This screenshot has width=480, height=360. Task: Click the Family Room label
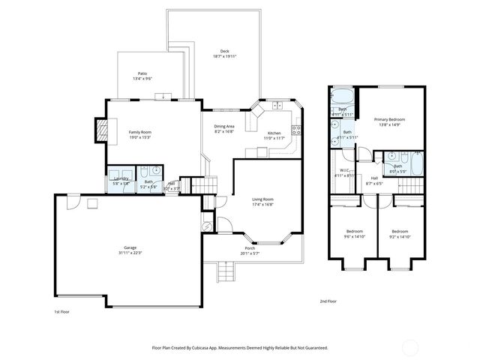[x=140, y=132]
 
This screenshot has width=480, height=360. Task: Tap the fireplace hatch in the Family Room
[x=97, y=132]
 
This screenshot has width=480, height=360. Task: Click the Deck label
[x=225, y=51]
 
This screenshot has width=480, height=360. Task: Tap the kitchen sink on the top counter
[x=277, y=104]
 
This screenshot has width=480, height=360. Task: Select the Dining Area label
[x=224, y=126]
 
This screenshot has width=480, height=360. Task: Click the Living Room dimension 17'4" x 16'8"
[x=262, y=204]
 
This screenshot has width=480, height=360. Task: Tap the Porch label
[x=250, y=248]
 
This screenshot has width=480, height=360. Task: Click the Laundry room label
[x=120, y=178]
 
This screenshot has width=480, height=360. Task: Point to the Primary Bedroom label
[x=390, y=119]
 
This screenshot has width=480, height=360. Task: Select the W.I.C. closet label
[x=346, y=170]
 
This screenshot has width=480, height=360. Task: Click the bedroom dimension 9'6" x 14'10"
[x=355, y=236]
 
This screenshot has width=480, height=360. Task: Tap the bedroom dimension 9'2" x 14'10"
[x=400, y=236]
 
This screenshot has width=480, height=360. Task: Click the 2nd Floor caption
[x=329, y=301]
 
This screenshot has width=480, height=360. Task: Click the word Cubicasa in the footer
[x=217, y=348]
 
